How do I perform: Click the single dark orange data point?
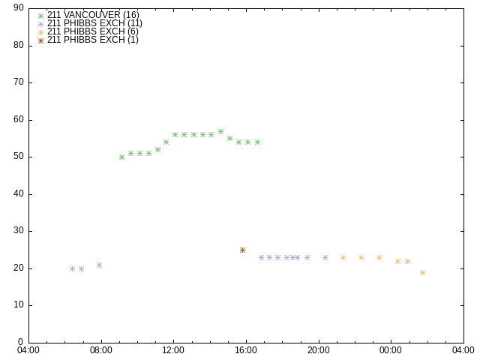coord(242,250)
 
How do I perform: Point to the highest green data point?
coord(220,132)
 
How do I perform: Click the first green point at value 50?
coord(121,157)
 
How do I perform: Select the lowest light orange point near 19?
coord(422,272)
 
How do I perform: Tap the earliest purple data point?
coord(72,268)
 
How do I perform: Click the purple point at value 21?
coord(99,265)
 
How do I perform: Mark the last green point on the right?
coord(258,142)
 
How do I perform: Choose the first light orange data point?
coord(343,258)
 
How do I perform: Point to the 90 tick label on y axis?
coord(19,7)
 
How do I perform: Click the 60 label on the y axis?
coord(19,119)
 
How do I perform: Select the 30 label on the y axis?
coord(19,230)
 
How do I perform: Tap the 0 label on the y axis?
coord(21,342)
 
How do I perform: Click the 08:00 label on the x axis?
coord(101,350)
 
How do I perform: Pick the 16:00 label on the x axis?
coord(246,350)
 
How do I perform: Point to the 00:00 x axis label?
coord(391,350)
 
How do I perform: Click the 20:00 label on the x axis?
coord(319,350)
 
